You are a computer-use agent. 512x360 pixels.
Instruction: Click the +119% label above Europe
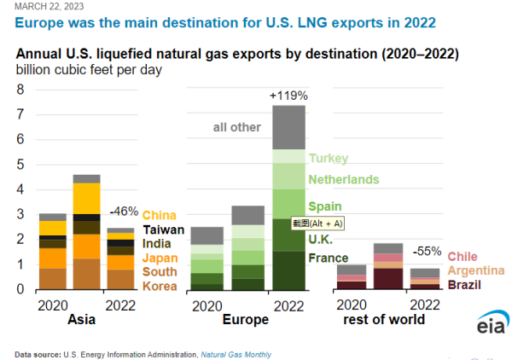click(x=288, y=96)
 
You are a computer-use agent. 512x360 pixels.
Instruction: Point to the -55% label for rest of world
click(x=428, y=252)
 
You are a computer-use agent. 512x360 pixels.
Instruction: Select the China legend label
click(x=160, y=215)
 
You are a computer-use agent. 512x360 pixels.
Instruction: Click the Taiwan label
click(x=164, y=229)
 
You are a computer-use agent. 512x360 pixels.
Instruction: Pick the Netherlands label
click(x=343, y=179)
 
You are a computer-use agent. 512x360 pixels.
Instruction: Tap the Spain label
click(x=325, y=206)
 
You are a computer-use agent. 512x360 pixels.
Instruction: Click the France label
click(x=329, y=258)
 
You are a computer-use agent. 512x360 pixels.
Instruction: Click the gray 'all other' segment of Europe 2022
click(x=288, y=127)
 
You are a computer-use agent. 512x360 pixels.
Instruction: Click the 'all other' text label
click(x=236, y=128)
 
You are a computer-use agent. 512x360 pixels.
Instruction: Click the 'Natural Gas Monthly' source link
click(x=240, y=353)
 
